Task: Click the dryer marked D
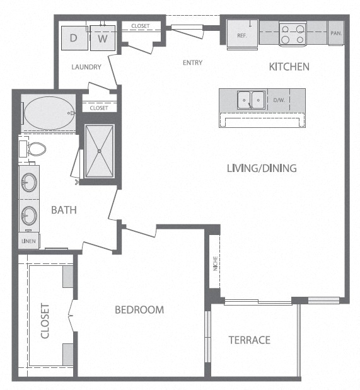(74, 38)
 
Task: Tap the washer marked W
(103, 38)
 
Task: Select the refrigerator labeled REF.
(242, 34)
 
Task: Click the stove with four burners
(293, 34)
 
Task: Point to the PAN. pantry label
(336, 33)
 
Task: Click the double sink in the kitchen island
(251, 100)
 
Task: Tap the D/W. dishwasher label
(279, 100)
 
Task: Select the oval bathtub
(49, 113)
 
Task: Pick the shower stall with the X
(100, 151)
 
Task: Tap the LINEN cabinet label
(28, 241)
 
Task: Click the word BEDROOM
(139, 310)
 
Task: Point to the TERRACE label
(250, 340)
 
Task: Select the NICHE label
(216, 263)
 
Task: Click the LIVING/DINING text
(262, 168)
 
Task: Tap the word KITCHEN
(289, 67)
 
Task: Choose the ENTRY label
(192, 62)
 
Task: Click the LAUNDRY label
(86, 67)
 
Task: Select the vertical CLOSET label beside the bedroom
(45, 321)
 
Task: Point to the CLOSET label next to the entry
(141, 26)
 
